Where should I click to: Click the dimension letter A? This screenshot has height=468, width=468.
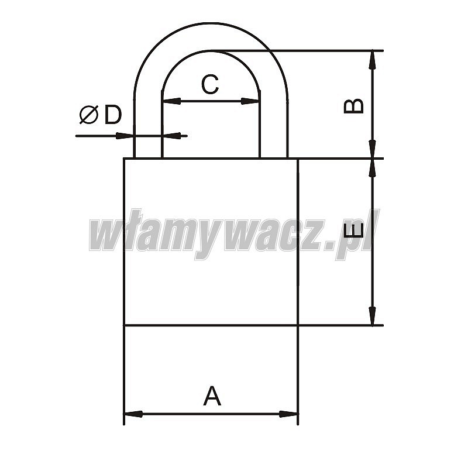[212, 396]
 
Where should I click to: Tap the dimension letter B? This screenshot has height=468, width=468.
[354, 106]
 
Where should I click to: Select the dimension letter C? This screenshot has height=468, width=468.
[210, 84]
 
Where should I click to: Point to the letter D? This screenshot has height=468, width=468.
[113, 114]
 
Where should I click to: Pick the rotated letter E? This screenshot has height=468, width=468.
[354, 230]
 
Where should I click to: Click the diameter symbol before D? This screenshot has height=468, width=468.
[89, 115]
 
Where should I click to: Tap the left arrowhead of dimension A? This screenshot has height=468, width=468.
[133, 414]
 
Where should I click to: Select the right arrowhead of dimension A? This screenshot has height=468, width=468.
[288, 414]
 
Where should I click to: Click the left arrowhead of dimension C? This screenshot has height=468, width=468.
[171, 101]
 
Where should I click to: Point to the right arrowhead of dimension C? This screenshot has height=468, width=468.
[250, 101]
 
